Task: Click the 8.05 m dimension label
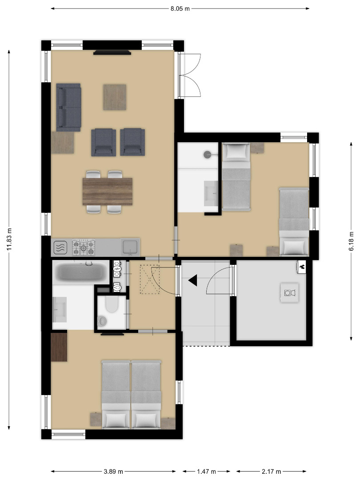(x=180, y=8)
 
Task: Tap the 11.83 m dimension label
(x=9, y=239)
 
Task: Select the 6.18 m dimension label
(x=351, y=241)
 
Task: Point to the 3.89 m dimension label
(x=113, y=472)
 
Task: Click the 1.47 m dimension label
(x=206, y=472)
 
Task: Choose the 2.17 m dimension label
(x=271, y=472)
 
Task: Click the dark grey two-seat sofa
(x=68, y=107)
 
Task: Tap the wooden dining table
(x=108, y=192)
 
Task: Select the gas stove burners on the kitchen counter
(x=84, y=248)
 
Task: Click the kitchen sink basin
(x=130, y=247)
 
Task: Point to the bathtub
(x=81, y=272)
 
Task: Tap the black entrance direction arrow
(x=193, y=280)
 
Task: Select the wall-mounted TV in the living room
(x=112, y=52)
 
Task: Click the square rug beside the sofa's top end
(x=115, y=97)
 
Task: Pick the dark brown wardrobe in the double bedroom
(x=59, y=347)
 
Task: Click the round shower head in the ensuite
(x=207, y=155)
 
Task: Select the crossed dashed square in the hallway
(x=150, y=280)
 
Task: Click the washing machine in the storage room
(x=289, y=293)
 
